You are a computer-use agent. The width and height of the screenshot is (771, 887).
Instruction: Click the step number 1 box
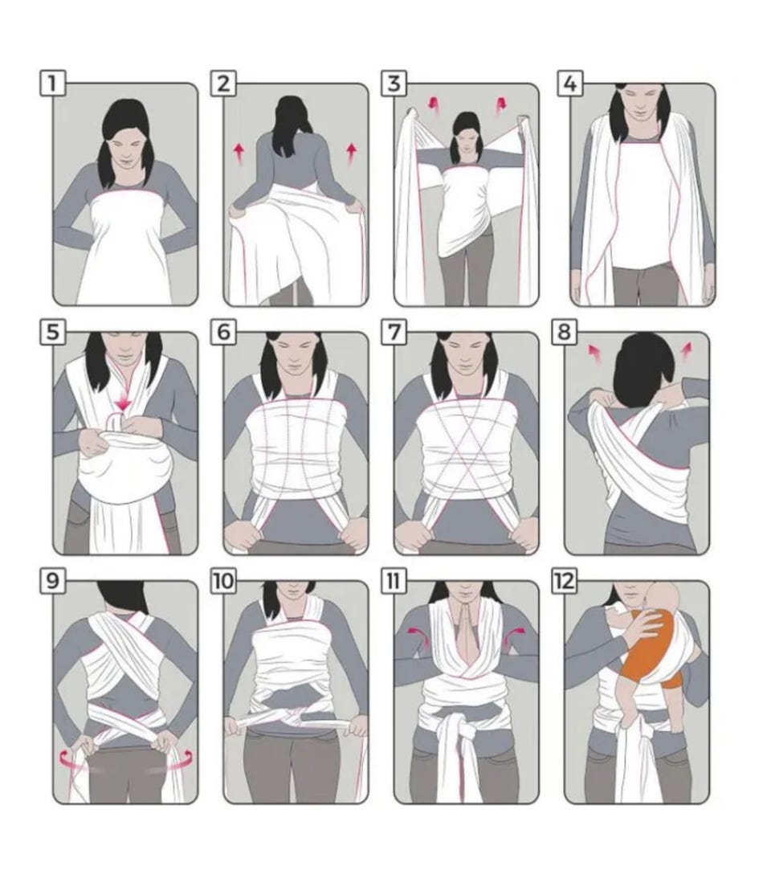coord(53,84)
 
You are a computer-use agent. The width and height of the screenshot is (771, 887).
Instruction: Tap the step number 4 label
coord(570,84)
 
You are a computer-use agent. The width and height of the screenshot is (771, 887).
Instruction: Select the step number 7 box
coord(394,332)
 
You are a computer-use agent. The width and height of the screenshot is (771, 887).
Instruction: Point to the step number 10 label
coord(224,581)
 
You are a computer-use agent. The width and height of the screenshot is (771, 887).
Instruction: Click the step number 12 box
coord(565,581)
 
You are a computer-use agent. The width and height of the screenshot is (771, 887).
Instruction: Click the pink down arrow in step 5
coord(122,403)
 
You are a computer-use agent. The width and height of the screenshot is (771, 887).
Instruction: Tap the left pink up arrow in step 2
coord(239,153)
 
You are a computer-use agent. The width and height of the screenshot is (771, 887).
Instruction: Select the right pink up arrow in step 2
coord(352,153)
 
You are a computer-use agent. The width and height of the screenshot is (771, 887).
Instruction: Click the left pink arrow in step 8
coord(594,354)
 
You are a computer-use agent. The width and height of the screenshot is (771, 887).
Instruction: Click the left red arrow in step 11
coord(418,636)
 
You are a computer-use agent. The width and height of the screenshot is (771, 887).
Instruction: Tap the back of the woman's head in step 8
coord(644,368)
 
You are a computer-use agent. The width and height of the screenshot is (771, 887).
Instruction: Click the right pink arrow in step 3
coord(501,106)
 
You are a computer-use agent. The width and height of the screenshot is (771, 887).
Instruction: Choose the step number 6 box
coord(223,332)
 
